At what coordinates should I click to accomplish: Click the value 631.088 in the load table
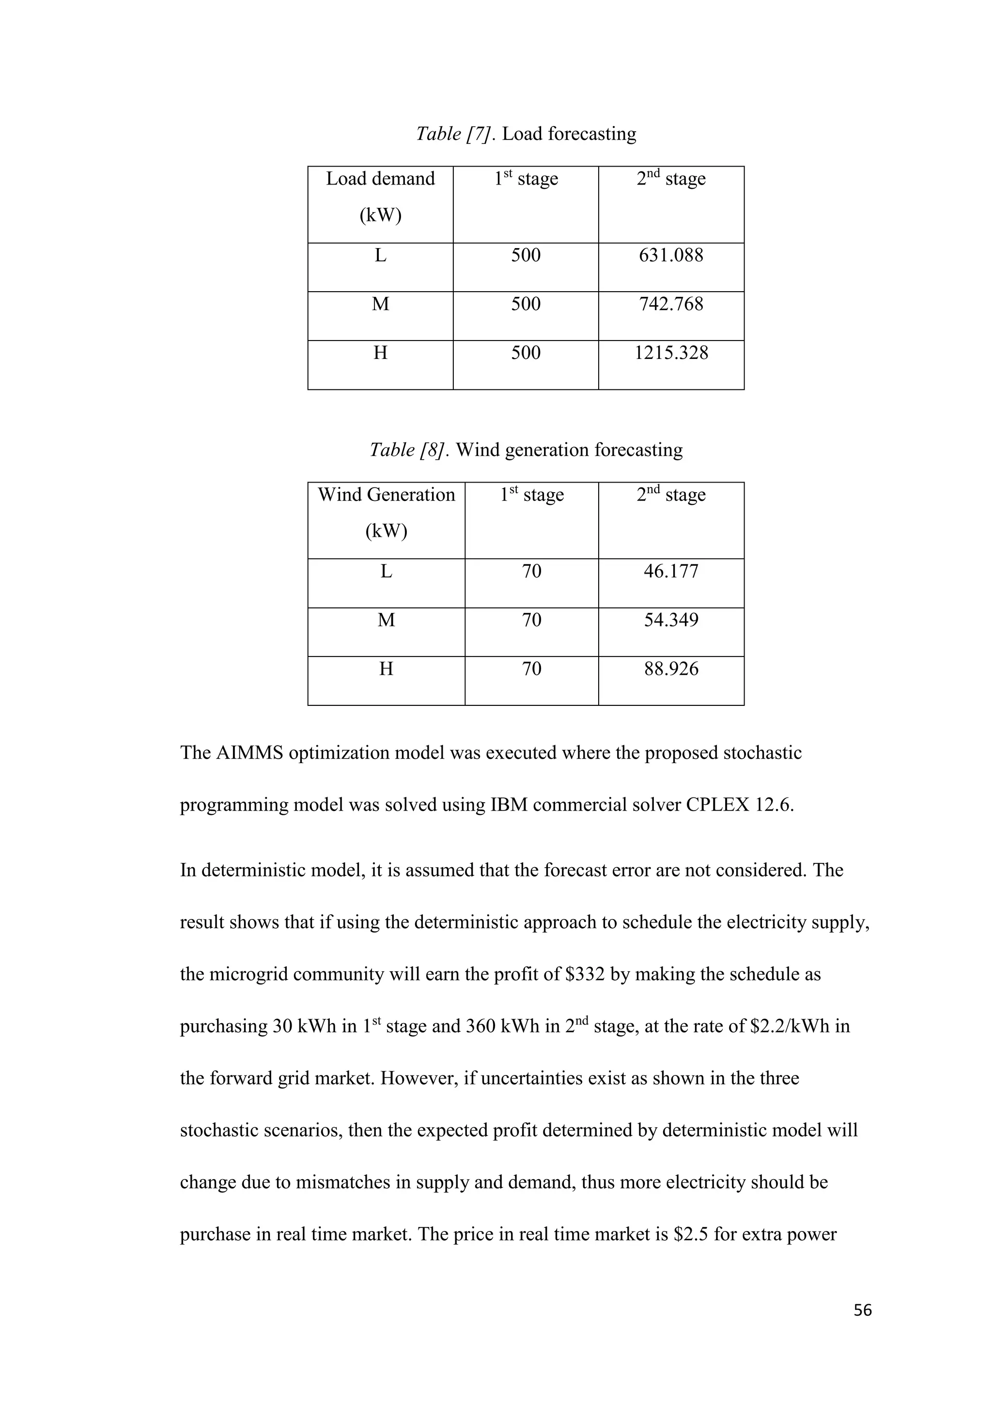pyautogui.click(x=671, y=255)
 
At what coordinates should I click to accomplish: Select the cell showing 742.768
pyautogui.click(x=671, y=304)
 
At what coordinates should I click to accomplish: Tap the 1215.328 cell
pyautogui.click(x=671, y=353)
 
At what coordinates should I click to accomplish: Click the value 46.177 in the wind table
pyautogui.click(x=671, y=571)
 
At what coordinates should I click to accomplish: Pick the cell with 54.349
pyautogui.click(x=671, y=620)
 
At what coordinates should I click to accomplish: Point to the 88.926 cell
pyautogui.click(x=671, y=669)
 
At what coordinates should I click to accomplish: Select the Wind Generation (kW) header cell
pyautogui.click(x=386, y=512)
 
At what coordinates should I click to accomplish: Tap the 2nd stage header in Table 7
pyautogui.click(x=671, y=178)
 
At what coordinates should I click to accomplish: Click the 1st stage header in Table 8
pyautogui.click(x=531, y=494)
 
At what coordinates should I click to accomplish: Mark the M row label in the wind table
pyautogui.click(x=386, y=620)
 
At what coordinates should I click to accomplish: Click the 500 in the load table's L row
pyautogui.click(x=526, y=255)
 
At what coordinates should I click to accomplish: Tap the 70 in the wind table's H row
pyautogui.click(x=531, y=669)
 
